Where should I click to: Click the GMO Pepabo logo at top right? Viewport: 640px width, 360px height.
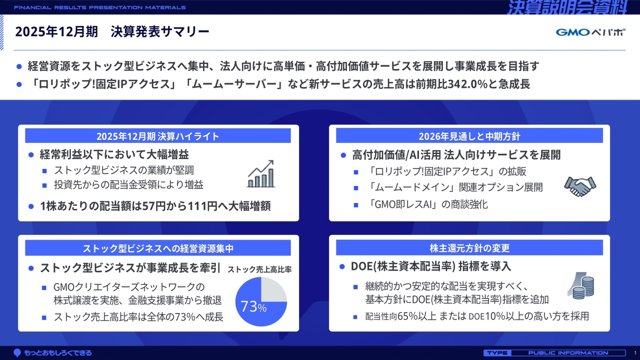(x=590, y=32)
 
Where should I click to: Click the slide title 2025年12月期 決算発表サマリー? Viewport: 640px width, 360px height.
(x=112, y=32)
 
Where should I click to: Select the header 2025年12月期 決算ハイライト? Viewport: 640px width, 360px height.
(x=158, y=136)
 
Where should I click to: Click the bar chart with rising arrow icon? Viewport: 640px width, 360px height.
(x=261, y=174)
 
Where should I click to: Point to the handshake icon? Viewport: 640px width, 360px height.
(x=580, y=186)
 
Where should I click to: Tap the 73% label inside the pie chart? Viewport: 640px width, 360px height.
(x=253, y=306)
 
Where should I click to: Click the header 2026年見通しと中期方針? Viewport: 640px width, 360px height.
(x=469, y=136)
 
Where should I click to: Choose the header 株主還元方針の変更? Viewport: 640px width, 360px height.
(x=469, y=248)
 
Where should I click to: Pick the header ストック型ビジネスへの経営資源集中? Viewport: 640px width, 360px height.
(x=158, y=248)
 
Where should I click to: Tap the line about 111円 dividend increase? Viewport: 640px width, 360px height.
(x=155, y=206)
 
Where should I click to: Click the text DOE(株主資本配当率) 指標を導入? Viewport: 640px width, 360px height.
(x=431, y=266)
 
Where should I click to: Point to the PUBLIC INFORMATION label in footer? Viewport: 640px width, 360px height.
(x=568, y=353)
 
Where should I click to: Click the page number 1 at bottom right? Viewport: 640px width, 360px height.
(x=634, y=353)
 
